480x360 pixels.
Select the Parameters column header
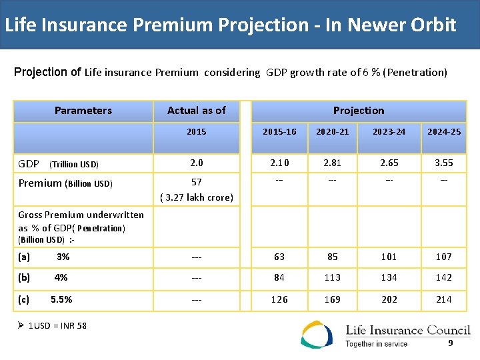pyautogui.click(x=83, y=111)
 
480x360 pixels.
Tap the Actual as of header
pyautogui.click(x=196, y=111)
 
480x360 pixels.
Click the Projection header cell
pyautogui.click(x=359, y=111)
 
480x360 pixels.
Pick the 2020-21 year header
pyautogui.click(x=332, y=132)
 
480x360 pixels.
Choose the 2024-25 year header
pyautogui.click(x=444, y=132)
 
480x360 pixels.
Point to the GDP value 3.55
pyautogui.click(x=444, y=163)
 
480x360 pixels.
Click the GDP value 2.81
pyautogui.click(x=332, y=163)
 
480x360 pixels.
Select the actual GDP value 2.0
pyautogui.click(x=196, y=163)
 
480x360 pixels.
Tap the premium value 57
pyautogui.click(x=196, y=182)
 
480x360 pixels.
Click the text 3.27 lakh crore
pyautogui.click(x=196, y=197)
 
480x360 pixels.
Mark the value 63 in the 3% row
pyautogui.click(x=279, y=257)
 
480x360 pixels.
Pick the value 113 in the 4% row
pyautogui.click(x=332, y=277)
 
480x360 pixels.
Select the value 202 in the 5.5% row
pyautogui.click(x=389, y=299)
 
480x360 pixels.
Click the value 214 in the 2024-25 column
pyautogui.click(x=444, y=299)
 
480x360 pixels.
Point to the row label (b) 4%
pyautogui.click(x=43, y=277)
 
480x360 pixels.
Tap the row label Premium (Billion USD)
pyautogui.click(x=65, y=183)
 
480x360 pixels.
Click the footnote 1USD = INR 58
pyautogui.click(x=57, y=326)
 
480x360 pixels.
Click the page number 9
pyautogui.click(x=451, y=343)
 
